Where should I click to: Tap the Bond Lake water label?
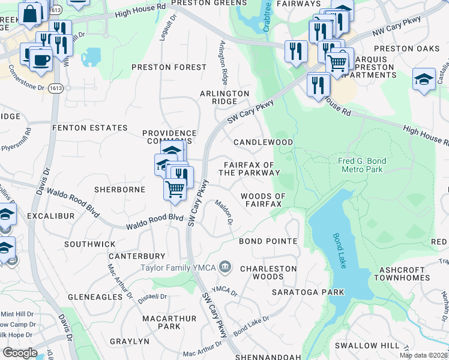[x=339, y=248]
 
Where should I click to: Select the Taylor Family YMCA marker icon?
[x=225, y=266]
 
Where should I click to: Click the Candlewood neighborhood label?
[x=263, y=143]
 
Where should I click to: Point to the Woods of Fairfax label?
[x=262, y=200]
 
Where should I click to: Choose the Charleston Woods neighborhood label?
[x=268, y=273]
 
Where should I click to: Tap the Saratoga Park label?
[x=308, y=292]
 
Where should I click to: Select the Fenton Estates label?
[x=90, y=128]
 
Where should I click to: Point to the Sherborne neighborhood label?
[x=120, y=190]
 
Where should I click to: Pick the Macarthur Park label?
[x=160, y=322]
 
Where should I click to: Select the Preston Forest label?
[x=169, y=68]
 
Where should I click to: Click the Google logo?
[x=19, y=352]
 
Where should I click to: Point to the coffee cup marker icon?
[x=41, y=60]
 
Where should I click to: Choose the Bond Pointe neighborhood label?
[x=268, y=241]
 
